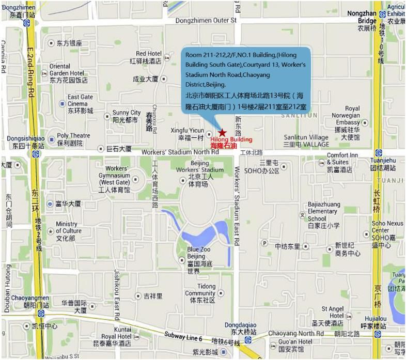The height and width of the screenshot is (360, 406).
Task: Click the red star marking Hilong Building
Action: pos(222,133)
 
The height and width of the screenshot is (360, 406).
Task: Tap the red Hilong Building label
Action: pos(231,140)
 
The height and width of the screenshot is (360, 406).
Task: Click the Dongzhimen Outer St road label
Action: pos(206,21)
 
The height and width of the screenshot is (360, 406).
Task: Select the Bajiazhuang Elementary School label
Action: pos(322,211)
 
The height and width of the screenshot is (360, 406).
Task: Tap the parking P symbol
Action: pos(264,243)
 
